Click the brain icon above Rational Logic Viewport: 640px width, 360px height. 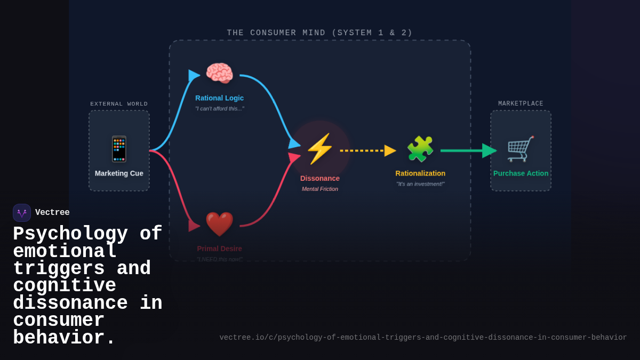[x=219, y=74]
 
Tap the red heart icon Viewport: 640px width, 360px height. [x=219, y=224]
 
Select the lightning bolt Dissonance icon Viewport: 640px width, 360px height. [x=319, y=149]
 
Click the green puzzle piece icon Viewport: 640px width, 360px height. [x=420, y=149]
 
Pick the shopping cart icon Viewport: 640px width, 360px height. [x=520, y=149]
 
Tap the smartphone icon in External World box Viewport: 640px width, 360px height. [x=119, y=149]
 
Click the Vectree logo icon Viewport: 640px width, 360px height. [x=22, y=213]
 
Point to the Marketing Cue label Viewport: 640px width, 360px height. [x=119, y=173]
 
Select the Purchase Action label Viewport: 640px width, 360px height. [x=521, y=173]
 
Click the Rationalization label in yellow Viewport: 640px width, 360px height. [x=420, y=173]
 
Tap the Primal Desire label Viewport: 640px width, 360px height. [x=219, y=249]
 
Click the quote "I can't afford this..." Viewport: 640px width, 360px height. [x=219, y=109]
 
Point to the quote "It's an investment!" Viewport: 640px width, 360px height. [x=420, y=184]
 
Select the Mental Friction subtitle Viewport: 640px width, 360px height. [x=319, y=189]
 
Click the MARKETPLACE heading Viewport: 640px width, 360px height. [x=521, y=104]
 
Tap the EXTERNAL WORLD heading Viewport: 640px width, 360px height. [x=119, y=104]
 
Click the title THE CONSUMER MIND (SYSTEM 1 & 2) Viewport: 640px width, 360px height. [x=319, y=33]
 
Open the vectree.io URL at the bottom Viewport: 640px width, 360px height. [x=423, y=338]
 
